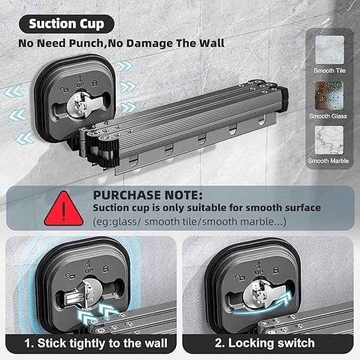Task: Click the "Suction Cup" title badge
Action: pos(66,24)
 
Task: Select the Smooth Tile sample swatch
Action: pos(330,49)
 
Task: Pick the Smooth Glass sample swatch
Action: pos(329,96)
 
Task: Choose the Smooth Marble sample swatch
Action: pos(329,140)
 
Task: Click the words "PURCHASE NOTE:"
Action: pos(148,195)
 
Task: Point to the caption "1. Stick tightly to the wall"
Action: pos(96,344)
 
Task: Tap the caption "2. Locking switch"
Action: pos(264,343)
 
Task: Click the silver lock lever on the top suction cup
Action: pos(84,104)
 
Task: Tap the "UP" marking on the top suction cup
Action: pos(80,85)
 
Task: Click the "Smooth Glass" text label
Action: pos(328,116)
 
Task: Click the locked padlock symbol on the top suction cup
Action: pos(95,84)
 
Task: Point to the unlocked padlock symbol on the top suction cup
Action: pos(65,90)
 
